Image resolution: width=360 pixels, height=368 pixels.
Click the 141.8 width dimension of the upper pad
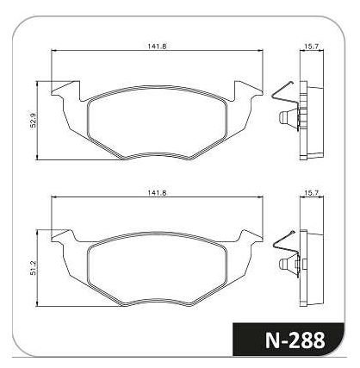pyautogui.click(x=157, y=46)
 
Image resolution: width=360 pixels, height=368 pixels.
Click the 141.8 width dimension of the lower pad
pyautogui.click(x=157, y=193)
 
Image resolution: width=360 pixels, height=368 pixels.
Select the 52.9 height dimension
pyautogui.click(x=33, y=120)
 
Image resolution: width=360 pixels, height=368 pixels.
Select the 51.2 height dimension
pyautogui.click(x=33, y=268)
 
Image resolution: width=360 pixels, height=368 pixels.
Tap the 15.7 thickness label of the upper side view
pyautogui.click(x=312, y=46)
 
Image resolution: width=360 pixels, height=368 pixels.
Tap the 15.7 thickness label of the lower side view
pyautogui.click(x=312, y=193)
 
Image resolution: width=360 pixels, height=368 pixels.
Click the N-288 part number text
pyautogui.click(x=295, y=340)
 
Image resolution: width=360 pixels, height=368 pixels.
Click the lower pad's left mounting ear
pyautogui.click(x=64, y=235)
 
